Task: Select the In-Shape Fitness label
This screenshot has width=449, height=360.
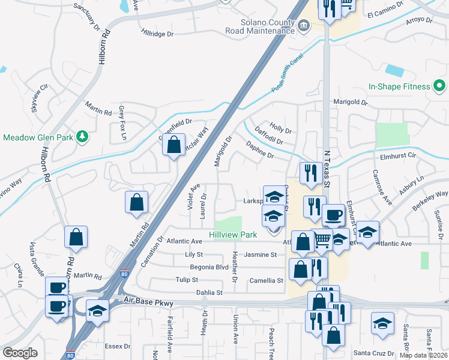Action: tap(399, 86)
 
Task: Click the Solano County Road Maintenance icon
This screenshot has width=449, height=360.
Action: tap(304, 25)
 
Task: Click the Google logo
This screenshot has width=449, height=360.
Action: tap(20, 353)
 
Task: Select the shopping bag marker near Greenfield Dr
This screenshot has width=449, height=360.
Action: tap(173, 145)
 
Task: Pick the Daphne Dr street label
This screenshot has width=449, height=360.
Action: tap(260, 150)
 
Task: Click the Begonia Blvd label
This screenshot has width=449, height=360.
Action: tap(209, 267)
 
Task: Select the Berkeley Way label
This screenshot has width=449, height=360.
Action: tap(430, 197)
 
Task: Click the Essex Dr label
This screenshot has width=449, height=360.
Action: tap(118, 346)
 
